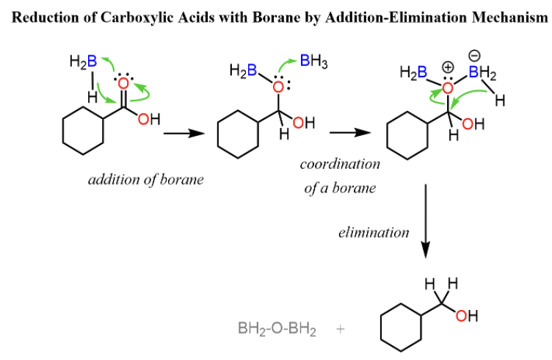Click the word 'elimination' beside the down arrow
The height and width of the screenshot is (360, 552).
374,233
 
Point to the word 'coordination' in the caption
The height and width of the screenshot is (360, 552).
340,165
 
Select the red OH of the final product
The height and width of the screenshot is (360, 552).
466,317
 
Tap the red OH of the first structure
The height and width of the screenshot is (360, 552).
148,120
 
